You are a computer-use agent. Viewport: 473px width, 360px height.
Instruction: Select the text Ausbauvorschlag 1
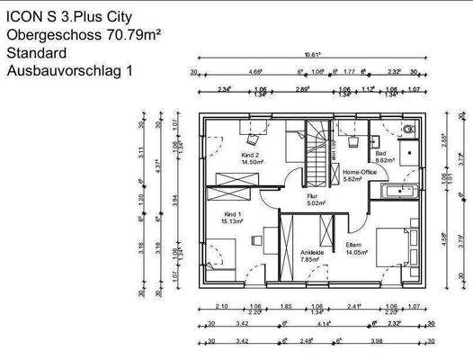click(67, 69)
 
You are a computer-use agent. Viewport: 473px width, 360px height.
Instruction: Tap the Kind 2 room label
click(250, 159)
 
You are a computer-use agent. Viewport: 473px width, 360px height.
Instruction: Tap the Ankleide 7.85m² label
click(312, 256)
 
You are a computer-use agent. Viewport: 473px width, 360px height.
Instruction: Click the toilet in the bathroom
click(410, 131)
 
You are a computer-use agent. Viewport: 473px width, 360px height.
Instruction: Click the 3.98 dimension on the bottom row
click(375, 342)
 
